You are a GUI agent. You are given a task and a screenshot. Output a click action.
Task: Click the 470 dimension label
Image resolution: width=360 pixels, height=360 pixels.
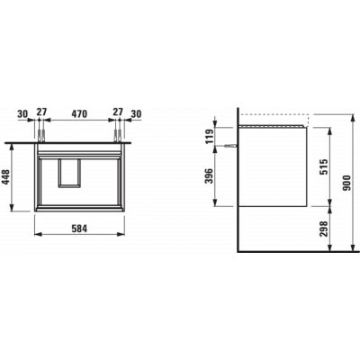pyautogui.click(x=79, y=113)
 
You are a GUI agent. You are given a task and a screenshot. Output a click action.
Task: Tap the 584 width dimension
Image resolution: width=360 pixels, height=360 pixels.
pyautogui.click(x=79, y=229)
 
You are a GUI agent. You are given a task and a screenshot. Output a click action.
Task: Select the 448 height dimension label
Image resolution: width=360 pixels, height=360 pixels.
pyautogui.click(x=6, y=177)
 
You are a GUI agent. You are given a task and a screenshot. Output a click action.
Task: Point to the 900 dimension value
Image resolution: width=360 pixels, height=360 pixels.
pyautogui.click(x=346, y=183)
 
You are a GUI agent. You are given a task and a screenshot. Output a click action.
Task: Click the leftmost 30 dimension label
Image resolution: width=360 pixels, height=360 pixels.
pyautogui.click(x=22, y=114)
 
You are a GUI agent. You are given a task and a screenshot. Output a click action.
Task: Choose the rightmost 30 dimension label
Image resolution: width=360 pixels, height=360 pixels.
pyautogui.click(x=136, y=114)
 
